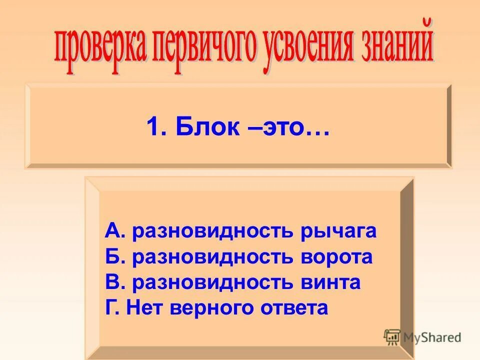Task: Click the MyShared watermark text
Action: point(432,337)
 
